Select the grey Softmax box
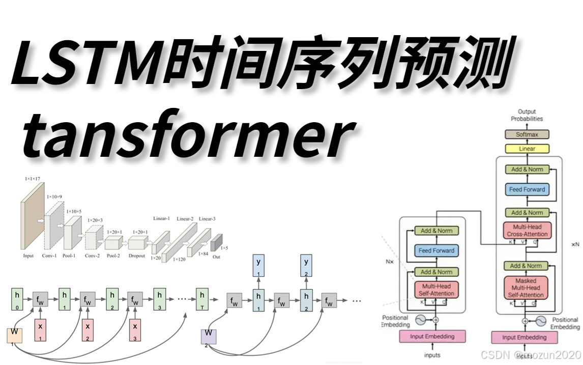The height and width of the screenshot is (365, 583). (x=527, y=134)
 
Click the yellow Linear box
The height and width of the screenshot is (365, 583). (x=527, y=149)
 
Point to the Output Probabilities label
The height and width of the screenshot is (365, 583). (x=527, y=115)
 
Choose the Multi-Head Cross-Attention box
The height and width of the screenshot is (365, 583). (x=528, y=231)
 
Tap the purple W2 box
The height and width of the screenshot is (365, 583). (x=209, y=336)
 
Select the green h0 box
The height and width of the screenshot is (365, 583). (x=17, y=299)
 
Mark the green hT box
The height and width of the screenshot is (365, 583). (x=202, y=299)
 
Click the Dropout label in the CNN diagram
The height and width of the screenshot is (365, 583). (x=136, y=256)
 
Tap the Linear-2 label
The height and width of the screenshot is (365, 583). (x=185, y=219)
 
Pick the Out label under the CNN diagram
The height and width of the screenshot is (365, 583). (x=217, y=258)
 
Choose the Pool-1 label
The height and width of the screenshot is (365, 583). (x=70, y=256)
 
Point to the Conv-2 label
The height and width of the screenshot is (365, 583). (x=92, y=256)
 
